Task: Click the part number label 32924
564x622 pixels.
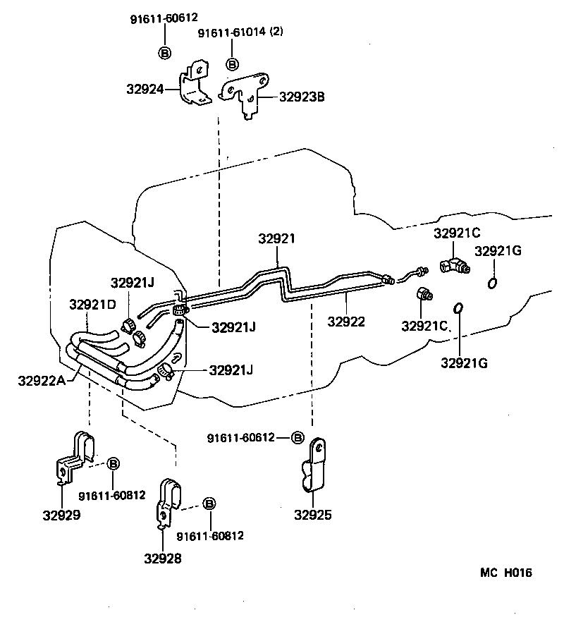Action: [x=145, y=90]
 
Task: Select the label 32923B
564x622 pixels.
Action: [x=302, y=97]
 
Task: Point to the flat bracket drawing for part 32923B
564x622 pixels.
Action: [x=246, y=95]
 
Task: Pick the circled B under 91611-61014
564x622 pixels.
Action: [x=232, y=64]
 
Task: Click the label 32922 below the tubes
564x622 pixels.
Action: [x=346, y=322]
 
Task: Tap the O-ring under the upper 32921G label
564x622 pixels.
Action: [x=492, y=283]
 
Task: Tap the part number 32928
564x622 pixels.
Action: [x=163, y=559]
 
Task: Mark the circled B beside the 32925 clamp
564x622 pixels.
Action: [x=298, y=438]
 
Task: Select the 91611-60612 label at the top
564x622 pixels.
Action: [x=164, y=18]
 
